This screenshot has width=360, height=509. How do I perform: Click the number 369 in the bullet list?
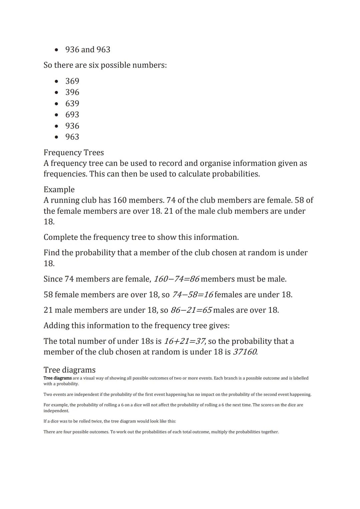click(x=72, y=81)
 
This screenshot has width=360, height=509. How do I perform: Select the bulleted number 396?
click(x=72, y=92)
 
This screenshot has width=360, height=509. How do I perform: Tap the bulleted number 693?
click(x=72, y=115)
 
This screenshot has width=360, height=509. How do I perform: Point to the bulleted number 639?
click(x=72, y=103)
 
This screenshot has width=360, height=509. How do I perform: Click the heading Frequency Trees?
click(x=74, y=152)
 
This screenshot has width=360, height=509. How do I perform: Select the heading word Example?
click(x=59, y=189)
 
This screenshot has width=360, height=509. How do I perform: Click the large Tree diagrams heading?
click(x=69, y=370)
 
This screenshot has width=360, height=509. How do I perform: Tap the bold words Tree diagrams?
click(x=57, y=378)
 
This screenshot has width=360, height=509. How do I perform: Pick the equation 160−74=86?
click(x=176, y=279)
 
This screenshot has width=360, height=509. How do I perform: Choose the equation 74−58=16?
click(x=192, y=295)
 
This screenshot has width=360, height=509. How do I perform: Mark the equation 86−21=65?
click(x=191, y=310)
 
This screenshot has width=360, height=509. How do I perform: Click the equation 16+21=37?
click(x=185, y=341)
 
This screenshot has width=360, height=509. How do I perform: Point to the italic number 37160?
click(x=245, y=352)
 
